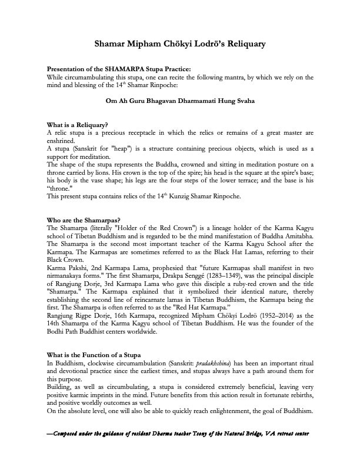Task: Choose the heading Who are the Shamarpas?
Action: [x=82, y=220]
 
